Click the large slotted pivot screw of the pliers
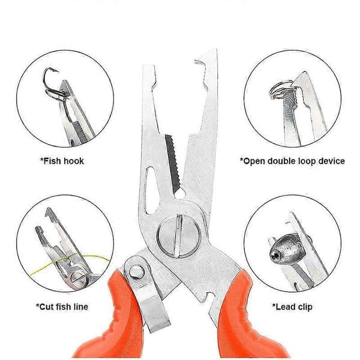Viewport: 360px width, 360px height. point(179,236)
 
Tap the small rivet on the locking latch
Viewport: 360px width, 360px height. point(137,272)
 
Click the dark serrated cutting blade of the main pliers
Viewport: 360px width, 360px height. point(172,163)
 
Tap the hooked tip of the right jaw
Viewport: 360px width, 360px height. point(200,63)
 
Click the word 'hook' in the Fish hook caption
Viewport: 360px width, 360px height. point(73,161)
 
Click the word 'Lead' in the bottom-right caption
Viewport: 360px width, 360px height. point(284,307)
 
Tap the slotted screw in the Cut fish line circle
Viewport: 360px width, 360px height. point(79,278)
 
